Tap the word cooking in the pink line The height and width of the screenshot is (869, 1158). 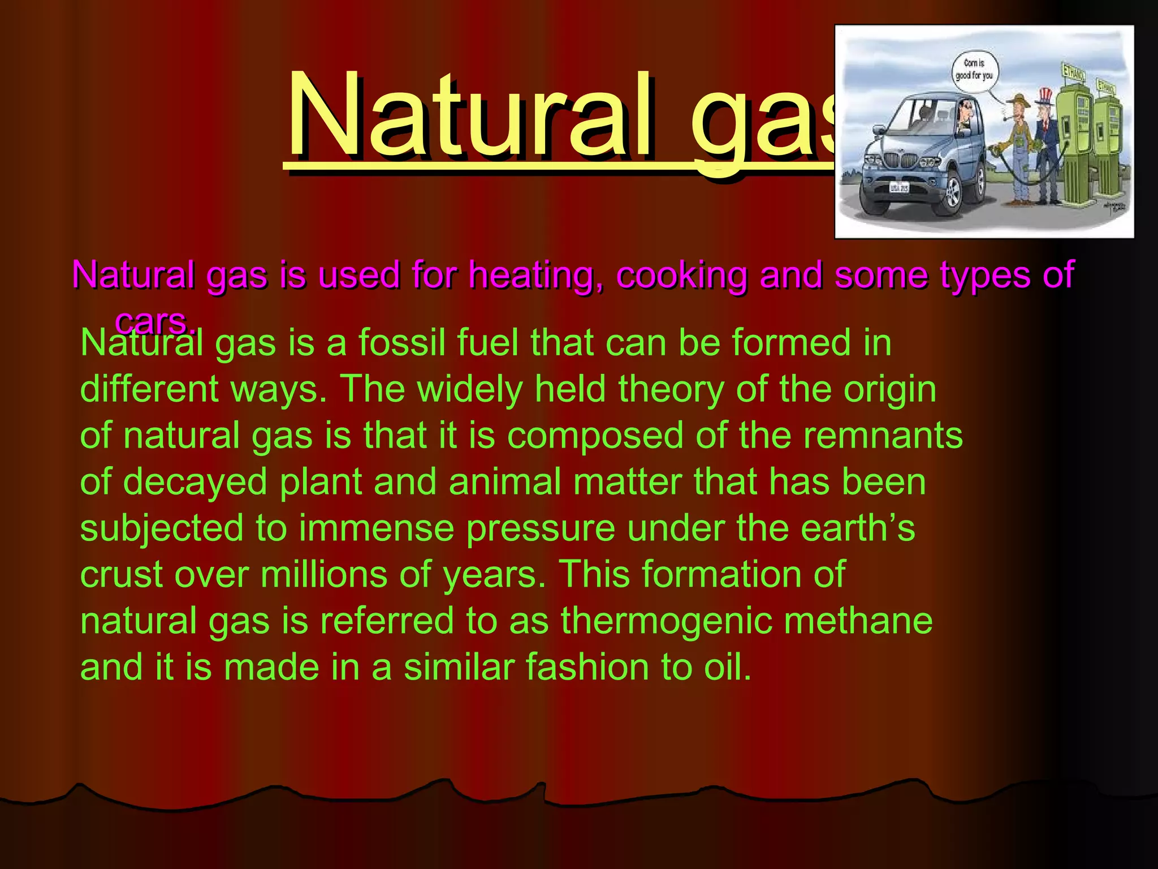click(681, 276)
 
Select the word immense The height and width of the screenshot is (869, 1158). click(377, 528)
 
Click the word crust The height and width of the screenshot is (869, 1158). click(121, 575)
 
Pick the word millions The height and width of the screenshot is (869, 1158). click(323, 575)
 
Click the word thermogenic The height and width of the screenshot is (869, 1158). click(667, 621)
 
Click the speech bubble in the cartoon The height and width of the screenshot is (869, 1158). click(974, 70)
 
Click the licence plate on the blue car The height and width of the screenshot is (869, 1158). click(900, 187)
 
